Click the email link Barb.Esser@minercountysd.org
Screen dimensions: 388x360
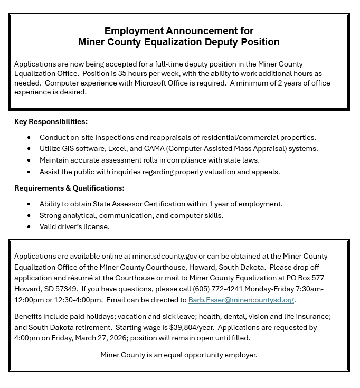[x=241, y=300]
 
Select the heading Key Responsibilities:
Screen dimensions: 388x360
[x=51, y=121]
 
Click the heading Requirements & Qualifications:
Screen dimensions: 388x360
[x=69, y=188]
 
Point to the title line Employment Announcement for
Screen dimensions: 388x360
[x=178, y=31]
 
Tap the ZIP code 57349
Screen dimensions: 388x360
[x=68, y=289]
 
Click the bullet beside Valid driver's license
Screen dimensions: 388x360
[x=29, y=227]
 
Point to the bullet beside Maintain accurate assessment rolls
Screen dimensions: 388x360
[x=29, y=160]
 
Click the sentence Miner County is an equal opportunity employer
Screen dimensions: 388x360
[x=178, y=355]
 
